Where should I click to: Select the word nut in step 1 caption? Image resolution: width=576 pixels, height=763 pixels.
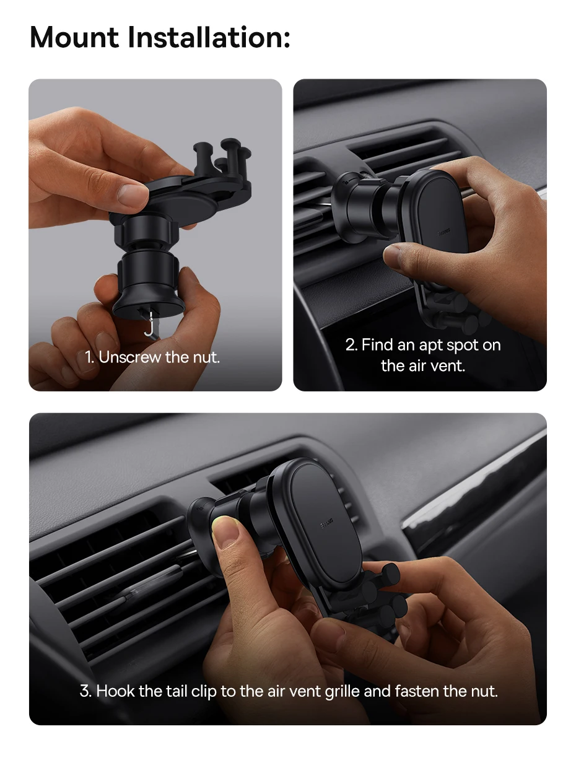tap(207, 357)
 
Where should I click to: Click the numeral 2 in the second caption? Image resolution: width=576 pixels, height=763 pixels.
tap(351, 345)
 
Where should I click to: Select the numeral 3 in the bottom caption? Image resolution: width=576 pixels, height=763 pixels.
tap(85, 691)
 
